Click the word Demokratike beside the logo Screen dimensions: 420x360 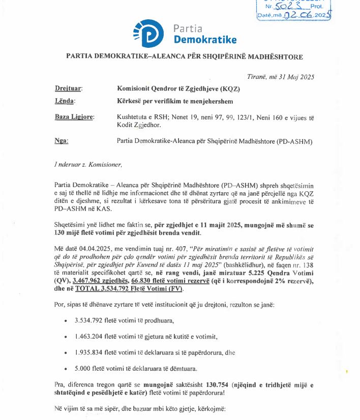(x=205, y=39)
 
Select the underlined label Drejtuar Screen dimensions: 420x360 (x=69, y=88)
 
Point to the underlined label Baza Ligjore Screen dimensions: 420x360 (x=74, y=117)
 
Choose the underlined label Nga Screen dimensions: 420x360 (x=61, y=141)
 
